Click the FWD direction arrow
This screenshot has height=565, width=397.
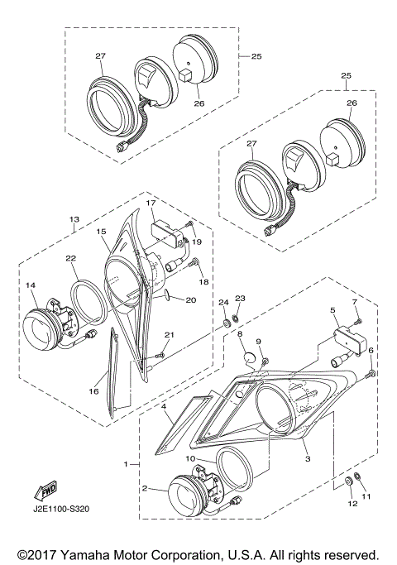pos(45,491)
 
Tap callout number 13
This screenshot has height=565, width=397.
pos(74,219)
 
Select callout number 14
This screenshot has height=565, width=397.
pos(31,285)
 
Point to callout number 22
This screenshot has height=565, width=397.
pos(70,257)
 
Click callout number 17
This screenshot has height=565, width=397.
pos(151,203)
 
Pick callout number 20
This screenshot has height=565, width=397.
pos(191,299)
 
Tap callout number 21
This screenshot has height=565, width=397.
pos(170,335)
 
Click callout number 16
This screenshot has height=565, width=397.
pos(93,391)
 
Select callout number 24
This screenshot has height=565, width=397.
pos(223,302)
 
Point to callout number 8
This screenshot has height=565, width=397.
pos(240,333)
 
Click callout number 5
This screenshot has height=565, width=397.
pos(332,309)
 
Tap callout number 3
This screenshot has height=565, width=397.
pos(308,459)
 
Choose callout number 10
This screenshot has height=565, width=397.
pos(190,459)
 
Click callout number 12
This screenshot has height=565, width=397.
pos(352,504)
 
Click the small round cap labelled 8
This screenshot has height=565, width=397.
pos(249,359)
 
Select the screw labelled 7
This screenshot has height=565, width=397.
pos(359,321)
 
